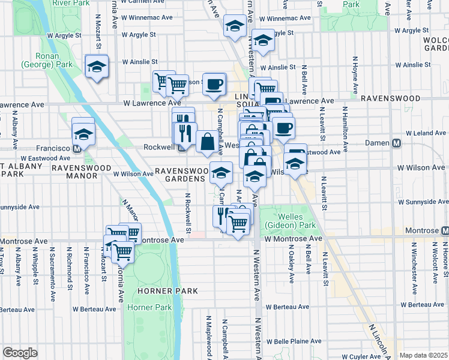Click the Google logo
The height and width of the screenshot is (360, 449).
[20, 353]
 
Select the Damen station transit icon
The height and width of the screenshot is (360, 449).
[397, 144]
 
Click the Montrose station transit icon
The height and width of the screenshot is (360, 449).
[445, 230]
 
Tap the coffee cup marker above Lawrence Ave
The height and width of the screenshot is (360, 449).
[214, 84]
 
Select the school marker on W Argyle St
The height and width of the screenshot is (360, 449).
[262, 40]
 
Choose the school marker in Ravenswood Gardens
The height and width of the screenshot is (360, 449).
[221, 173]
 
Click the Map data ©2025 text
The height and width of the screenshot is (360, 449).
[423, 355]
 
